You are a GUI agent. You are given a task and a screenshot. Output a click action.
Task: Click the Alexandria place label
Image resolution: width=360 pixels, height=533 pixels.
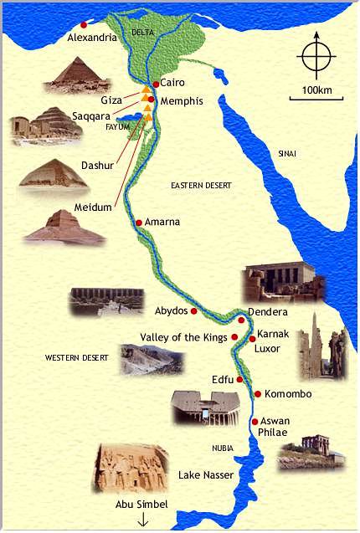91,38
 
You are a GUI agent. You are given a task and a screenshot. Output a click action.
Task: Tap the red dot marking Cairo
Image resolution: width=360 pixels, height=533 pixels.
156,85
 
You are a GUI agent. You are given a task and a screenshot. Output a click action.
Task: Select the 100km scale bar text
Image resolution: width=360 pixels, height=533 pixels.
316,90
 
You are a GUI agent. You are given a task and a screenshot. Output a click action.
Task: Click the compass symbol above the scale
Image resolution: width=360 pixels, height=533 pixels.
316,56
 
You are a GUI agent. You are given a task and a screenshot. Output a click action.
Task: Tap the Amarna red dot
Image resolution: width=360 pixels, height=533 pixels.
139,223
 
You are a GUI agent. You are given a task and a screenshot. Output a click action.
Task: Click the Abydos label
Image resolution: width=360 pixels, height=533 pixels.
171,310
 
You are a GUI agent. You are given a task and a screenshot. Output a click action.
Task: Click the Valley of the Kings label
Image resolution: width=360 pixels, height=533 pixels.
183,337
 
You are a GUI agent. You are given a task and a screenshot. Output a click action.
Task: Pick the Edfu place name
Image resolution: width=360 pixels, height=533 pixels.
223,379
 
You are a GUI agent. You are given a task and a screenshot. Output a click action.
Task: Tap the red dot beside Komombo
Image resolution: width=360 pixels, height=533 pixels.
257,394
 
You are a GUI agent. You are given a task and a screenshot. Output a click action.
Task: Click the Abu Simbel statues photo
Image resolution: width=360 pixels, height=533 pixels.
131,469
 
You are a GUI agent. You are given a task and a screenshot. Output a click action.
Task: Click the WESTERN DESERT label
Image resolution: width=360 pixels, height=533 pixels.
77,358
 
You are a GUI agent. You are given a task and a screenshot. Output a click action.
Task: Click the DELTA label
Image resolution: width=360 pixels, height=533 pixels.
143,32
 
